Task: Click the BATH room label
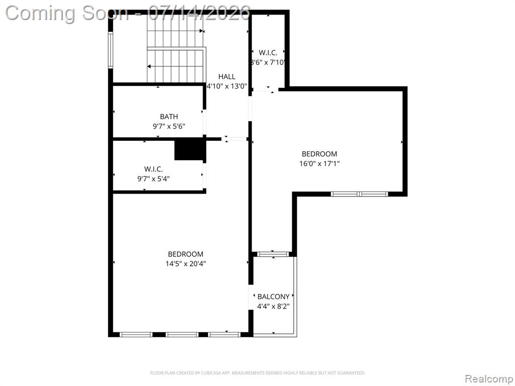169,117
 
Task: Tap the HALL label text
227,77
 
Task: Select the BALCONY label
273,297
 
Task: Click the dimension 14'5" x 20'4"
186,263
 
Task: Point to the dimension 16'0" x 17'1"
319,163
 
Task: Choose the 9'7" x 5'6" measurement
169,126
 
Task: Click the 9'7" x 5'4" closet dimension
153,179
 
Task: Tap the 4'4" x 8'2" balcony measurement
273,307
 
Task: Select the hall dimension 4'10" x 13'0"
227,86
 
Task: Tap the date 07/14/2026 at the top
199,13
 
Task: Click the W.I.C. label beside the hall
268,52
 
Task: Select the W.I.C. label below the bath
153,169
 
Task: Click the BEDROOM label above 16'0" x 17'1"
319,154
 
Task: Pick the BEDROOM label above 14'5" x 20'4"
186,254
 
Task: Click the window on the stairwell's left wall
111,50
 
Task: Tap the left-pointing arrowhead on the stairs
149,67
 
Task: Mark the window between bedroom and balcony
273,254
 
